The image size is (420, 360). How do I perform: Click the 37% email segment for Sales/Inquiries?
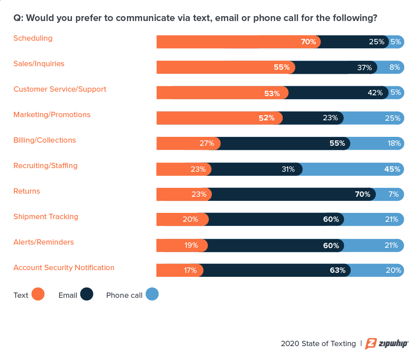coord(335,68)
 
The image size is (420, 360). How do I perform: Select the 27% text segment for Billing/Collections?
coord(188,144)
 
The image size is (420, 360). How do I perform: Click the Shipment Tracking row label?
coord(46,217)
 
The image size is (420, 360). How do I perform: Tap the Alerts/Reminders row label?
coord(43,242)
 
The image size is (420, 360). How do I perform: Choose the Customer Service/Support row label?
coord(60,89)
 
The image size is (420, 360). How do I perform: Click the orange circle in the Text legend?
coord(38,294)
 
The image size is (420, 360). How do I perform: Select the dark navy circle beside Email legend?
coord(87,294)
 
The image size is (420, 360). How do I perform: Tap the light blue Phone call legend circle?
coord(152,294)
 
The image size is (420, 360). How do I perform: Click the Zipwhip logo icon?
coord(371,343)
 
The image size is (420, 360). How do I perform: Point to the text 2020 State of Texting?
coord(318,344)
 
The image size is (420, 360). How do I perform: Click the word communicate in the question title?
coord(139,19)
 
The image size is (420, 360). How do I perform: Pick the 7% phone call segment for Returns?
coord(390,195)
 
